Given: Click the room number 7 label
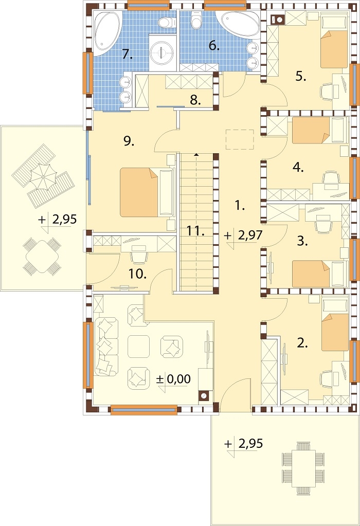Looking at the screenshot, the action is (x=127, y=53).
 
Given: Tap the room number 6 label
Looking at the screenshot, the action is (x=214, y=45).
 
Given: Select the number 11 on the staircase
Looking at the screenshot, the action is (x=195, y=231).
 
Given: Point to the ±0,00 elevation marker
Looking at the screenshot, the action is (x=173, y=379).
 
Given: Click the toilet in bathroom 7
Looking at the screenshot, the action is (x=167, y=22).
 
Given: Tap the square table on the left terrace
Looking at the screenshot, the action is (x=42, y=256).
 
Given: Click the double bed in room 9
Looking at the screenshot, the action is (x=139, y=192).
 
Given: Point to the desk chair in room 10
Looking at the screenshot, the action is (x=138, y=256).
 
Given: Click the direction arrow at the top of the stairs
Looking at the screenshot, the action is (x=196, y=155).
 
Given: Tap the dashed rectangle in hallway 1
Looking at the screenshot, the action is (x=240, y=139).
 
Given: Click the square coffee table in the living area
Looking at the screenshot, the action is (x=139, y=346).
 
